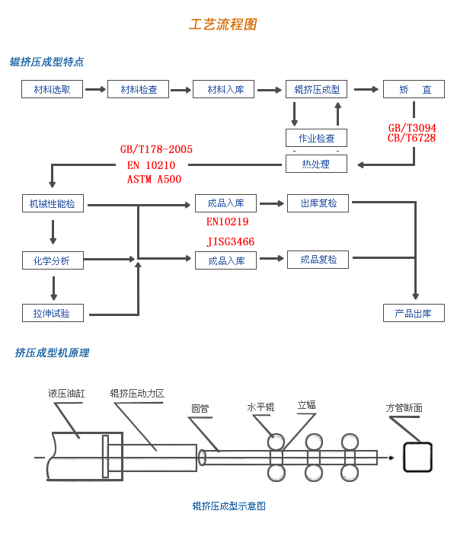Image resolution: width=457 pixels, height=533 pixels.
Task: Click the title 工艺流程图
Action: coord(222,24)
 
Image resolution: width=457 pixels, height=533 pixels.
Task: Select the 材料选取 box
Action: coord(53,89)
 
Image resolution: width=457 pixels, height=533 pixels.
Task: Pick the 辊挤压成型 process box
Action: coord(317,89)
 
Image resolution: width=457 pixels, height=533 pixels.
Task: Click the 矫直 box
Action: coord(414,89)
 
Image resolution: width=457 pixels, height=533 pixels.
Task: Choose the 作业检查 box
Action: coord(317,138)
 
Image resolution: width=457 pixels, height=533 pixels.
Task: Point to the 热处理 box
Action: coord(317,163)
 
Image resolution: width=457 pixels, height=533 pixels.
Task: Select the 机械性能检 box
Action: coord(53,203)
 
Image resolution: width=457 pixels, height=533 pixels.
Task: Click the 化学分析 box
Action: coord(53,260)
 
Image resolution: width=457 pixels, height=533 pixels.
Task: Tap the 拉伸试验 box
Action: coord(53,313)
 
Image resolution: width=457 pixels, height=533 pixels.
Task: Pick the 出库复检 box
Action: coord(318,203)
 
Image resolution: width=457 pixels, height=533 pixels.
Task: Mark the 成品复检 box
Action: coord(318,260)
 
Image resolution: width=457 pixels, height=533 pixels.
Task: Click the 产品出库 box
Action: coord(414,313)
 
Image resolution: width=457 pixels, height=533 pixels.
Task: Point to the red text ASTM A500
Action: coord(155,180)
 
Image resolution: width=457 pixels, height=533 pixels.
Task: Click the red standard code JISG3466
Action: coord(231,241)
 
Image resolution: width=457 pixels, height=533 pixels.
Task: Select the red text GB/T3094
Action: coord(412,127)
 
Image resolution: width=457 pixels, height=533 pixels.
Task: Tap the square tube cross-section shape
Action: coord(417,458)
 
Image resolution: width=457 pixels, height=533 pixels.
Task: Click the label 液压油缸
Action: coord(66,394)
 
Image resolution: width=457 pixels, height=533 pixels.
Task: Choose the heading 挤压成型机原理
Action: coord(52,353)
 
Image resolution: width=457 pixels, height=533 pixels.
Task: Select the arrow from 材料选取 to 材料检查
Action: coord(95,89)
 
